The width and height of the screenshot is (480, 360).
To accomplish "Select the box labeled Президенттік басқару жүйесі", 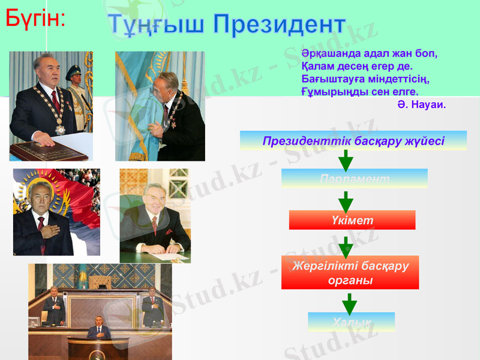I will (353, 141).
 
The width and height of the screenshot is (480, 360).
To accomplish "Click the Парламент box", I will (355, 179).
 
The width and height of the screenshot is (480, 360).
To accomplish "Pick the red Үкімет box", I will (352, 220).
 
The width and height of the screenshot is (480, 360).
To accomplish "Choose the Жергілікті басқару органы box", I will (350, 272).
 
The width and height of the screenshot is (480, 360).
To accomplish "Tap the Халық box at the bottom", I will (351, 322).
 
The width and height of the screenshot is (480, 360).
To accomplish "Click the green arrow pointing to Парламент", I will (346, 160).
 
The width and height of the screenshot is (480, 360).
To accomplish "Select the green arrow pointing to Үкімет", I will (346, 201).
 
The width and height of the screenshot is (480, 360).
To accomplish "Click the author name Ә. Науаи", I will (421, 104).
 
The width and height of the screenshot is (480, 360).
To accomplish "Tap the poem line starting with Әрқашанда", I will (369, 52).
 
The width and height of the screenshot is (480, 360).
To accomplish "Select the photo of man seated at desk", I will (155, 216).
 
